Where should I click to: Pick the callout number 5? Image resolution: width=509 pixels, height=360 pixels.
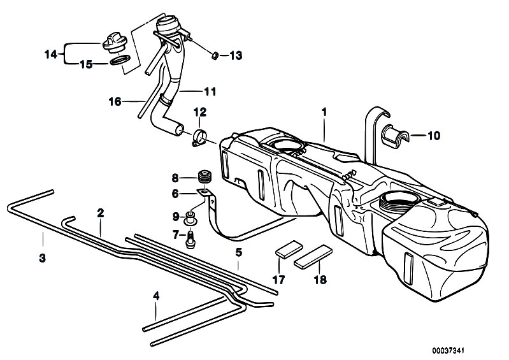238,252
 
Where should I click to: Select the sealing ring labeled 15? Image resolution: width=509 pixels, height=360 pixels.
120,62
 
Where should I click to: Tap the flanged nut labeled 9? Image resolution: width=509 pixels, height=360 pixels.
190,218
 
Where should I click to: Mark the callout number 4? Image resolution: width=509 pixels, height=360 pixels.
155,296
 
